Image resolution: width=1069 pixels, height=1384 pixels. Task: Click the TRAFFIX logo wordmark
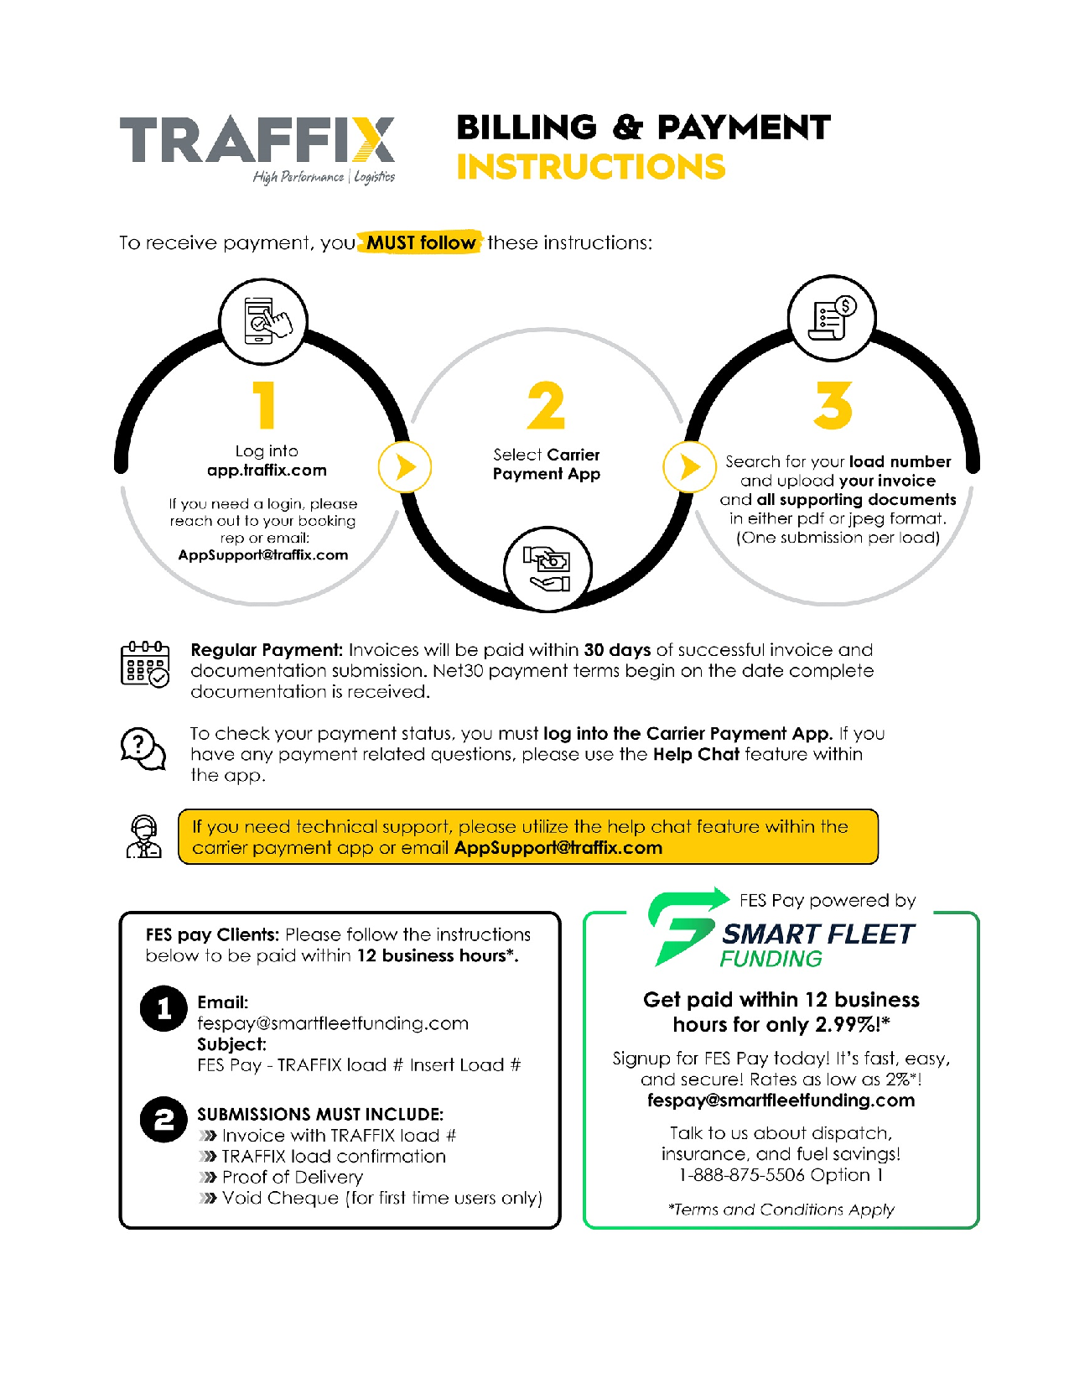[257, 140]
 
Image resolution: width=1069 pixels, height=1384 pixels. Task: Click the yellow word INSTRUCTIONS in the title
[591, 167]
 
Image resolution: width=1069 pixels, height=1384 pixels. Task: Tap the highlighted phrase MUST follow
[420, 242]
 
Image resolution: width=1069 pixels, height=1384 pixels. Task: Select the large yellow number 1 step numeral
[264, 405]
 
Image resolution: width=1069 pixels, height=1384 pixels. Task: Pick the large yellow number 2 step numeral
[547, 405]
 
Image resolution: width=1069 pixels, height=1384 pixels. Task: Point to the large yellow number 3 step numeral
[833, 405]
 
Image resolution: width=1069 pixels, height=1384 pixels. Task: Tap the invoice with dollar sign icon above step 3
[833, 318]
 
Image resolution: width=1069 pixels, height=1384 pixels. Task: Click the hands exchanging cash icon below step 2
[547, 569]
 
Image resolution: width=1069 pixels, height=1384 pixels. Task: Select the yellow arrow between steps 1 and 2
[405, 467]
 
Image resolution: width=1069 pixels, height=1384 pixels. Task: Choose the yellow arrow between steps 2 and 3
[689, 467]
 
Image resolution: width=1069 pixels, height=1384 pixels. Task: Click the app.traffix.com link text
[267, 471]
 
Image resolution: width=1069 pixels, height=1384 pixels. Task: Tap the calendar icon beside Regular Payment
[145, 664]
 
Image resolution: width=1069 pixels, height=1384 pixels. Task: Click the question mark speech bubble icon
[143, 749]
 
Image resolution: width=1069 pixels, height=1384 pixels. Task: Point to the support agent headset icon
[144, 836]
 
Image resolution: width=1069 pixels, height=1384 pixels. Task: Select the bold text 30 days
[617, 650]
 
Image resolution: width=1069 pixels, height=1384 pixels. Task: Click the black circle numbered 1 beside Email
[163, 1009]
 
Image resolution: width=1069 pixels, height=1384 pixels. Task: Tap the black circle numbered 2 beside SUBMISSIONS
[163, 1120]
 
